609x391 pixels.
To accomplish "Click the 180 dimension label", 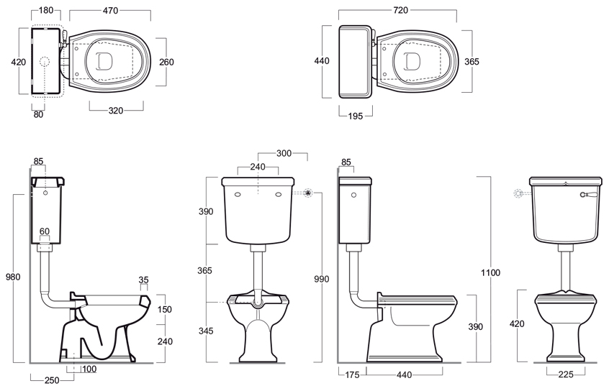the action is pos(46,11).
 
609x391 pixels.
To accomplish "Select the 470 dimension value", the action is pos(111,11).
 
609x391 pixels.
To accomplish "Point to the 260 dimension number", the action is pos(166,62).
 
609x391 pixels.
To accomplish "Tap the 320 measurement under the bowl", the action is pos(116,111).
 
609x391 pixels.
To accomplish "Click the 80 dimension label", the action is pos(38,114).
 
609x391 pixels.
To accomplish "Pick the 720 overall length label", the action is pos(400,11).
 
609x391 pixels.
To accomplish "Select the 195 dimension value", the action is pos(356,116).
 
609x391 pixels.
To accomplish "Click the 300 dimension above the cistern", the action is pos(284,153).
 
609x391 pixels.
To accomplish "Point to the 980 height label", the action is pos(13,277).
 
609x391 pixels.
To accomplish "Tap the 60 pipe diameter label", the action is pos(45,231).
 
